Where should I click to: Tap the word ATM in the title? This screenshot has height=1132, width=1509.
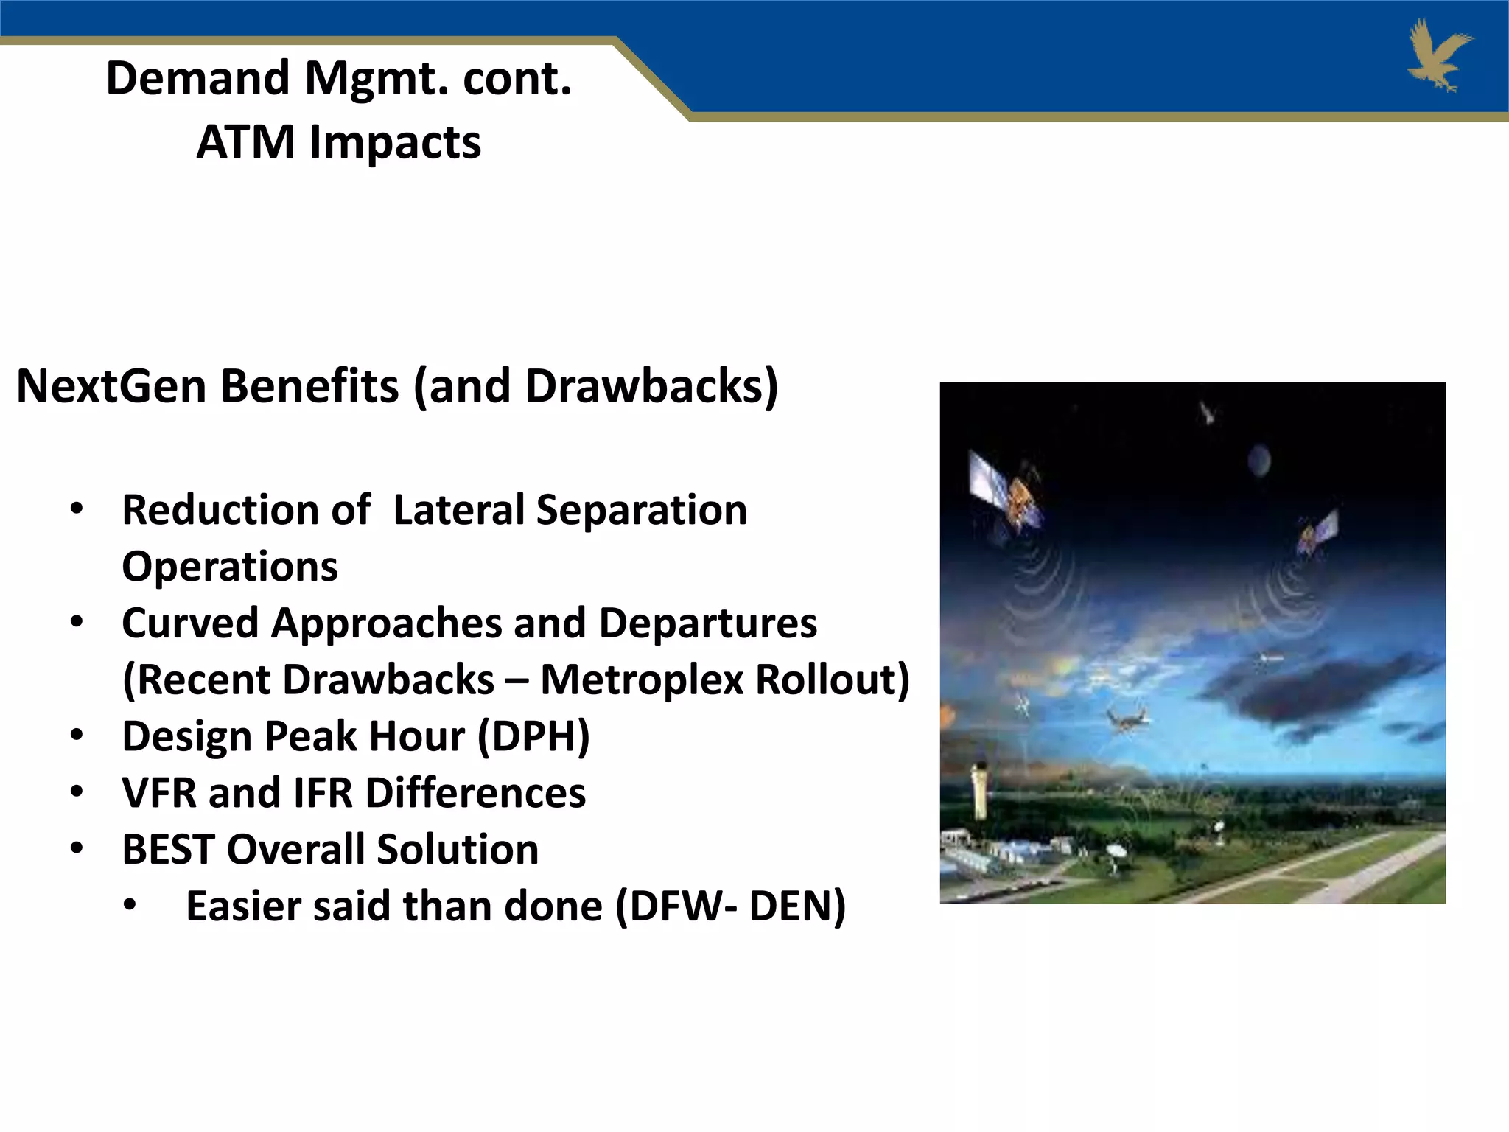(245, 142)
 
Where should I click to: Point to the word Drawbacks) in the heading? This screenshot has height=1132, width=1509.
(651, 386)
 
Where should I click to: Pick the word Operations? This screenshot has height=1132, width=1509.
(230, 567)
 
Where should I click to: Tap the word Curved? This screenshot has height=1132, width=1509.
(190, 623)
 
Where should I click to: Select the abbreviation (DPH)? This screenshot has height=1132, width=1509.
(533, 736)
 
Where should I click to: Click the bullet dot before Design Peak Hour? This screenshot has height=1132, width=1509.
(77, 736)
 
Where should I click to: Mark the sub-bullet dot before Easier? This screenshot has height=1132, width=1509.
(130, 906)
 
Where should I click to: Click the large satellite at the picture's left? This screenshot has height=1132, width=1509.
(1006, 492)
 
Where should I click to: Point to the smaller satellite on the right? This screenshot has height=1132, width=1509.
(1317, 529)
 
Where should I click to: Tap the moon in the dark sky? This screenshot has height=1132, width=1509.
(1258, 461)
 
